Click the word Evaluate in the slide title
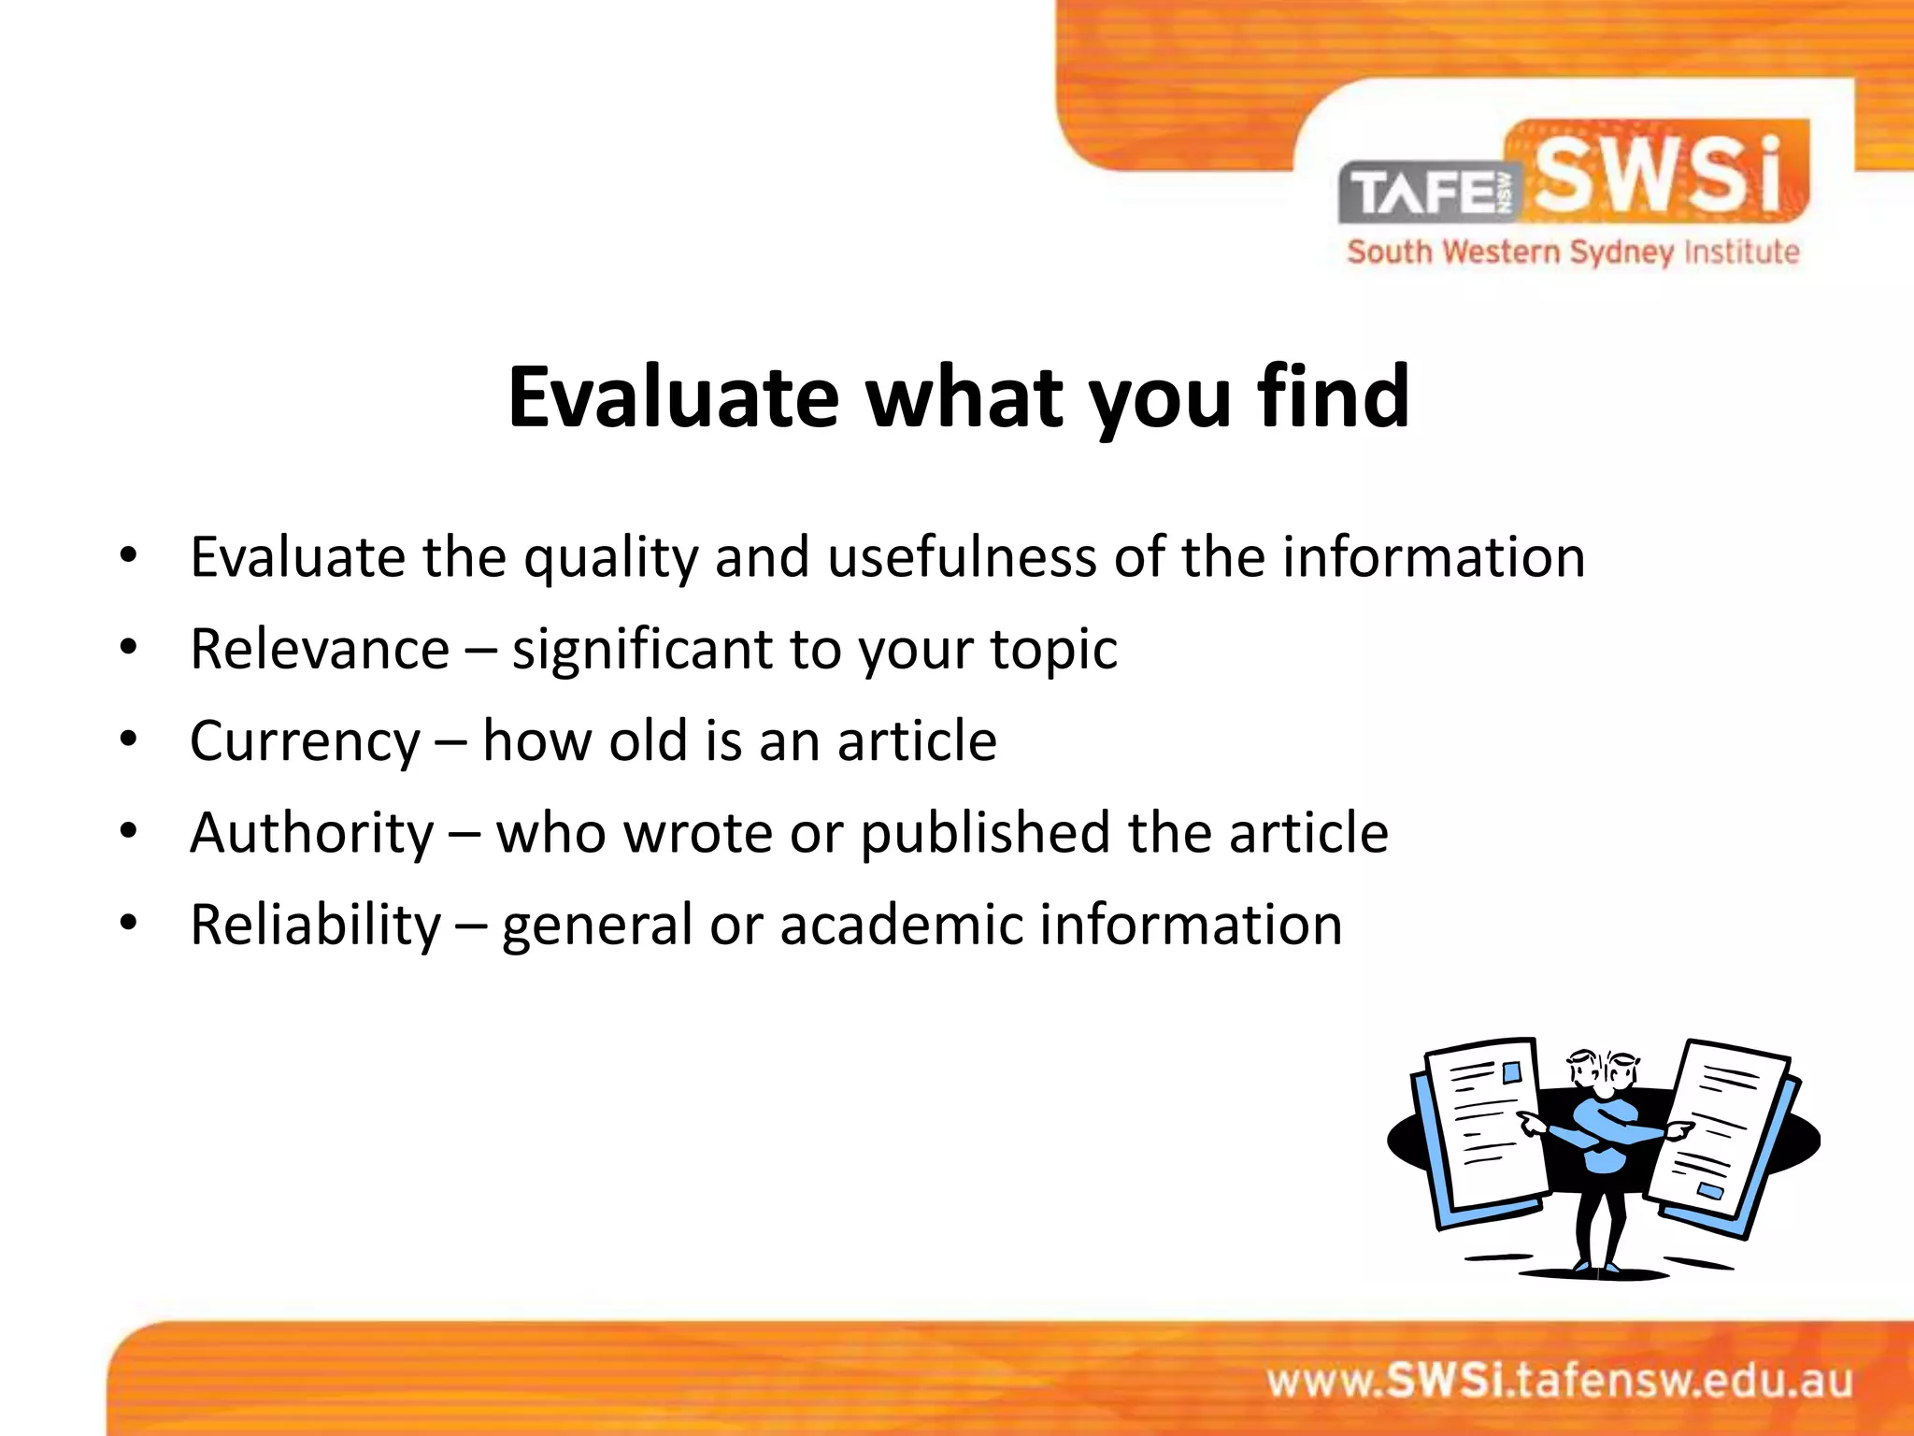673,397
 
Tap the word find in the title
1333,397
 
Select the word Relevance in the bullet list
320,649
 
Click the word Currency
305,741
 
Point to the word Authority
312,832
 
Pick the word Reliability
315,925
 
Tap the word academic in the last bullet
902,925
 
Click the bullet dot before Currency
129,739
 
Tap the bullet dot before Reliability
129,923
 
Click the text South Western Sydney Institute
1573,252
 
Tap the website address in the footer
1559,1381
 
